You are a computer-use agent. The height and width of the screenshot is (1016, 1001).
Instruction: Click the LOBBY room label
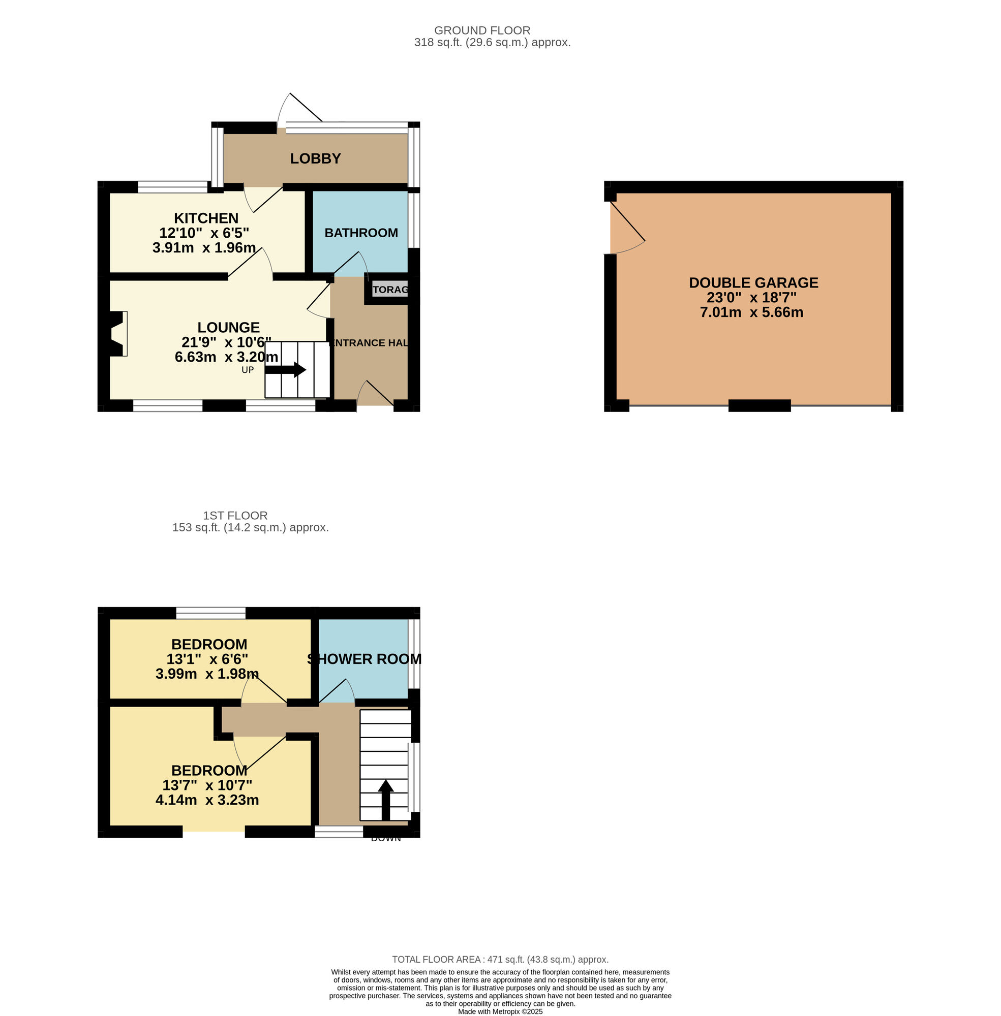tap(315, 158)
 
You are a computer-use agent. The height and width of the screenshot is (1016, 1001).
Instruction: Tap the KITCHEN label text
tap(206, 218)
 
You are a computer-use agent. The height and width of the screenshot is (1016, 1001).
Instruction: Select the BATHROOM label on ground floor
tap(361, 233)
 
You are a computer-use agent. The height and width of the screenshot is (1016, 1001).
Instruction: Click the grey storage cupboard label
tap(390, 290)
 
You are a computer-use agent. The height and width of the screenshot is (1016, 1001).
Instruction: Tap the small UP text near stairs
tap(248, 370)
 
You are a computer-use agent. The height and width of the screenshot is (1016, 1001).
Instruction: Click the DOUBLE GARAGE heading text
tap(753, 282)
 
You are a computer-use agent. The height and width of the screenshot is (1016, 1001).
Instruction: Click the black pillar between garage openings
tap(759, 405)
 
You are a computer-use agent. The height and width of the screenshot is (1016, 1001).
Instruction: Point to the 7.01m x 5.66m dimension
tap(751, 312)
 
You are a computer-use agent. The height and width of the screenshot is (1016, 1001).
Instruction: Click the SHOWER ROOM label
tap(365, 659)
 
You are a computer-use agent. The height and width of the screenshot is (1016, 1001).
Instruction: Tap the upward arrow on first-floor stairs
tap(386, 799)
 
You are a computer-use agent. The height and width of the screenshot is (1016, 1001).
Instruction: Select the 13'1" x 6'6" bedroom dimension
tap(207, 659)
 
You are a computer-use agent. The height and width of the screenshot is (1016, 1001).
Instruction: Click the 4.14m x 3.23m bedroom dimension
tap(207, 800)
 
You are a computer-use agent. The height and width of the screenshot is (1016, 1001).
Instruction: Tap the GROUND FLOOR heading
tap(482, 30)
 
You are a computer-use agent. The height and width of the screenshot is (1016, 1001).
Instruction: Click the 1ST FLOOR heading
tap(235, 515)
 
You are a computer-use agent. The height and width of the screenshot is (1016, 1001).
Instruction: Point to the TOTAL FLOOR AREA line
tap(500, 959)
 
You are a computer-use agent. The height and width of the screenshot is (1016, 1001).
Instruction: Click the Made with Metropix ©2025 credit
tap(500, 1011)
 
